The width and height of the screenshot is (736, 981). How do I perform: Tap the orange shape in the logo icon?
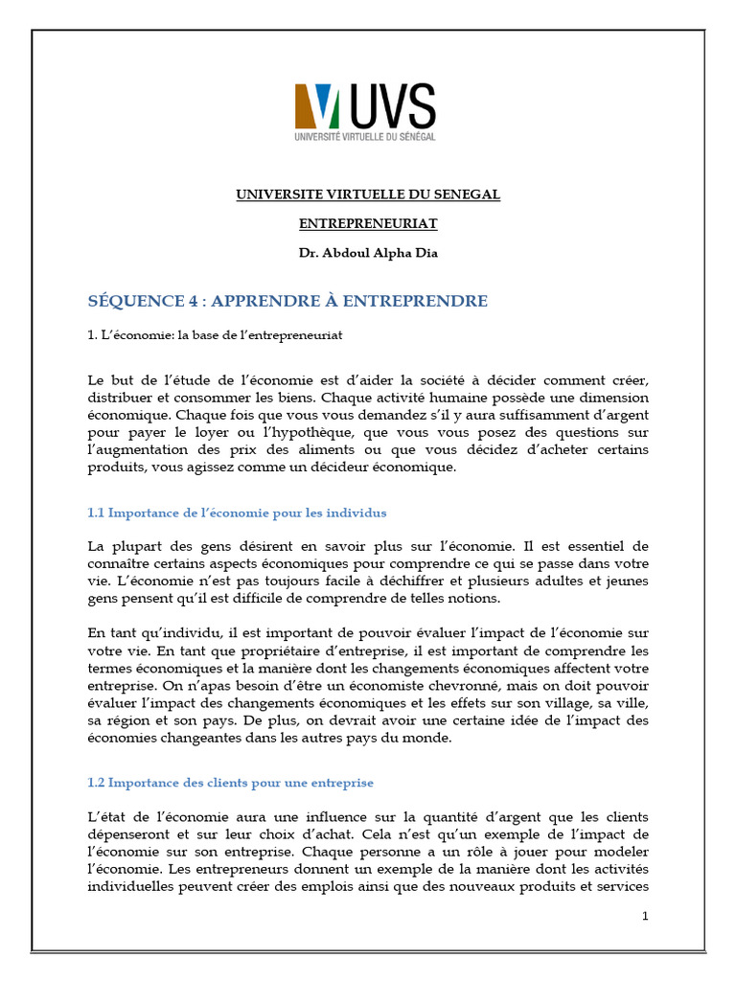click(x=305, y=106)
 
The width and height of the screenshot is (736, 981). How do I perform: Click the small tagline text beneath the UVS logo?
click(x=364, y=138)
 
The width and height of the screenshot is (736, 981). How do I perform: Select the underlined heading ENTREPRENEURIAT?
click(x=368, y=223)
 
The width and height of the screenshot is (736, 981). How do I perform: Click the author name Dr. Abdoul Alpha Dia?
click(x=368, y=253)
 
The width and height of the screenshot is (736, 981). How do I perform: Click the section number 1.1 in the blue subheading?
click(x=95, y=513)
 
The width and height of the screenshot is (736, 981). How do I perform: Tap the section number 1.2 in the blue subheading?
click(x=95, y=783)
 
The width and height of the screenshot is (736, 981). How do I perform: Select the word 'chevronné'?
click(x=451, y=687)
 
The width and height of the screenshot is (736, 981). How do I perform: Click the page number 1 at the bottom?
click(x=645, y=917)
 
